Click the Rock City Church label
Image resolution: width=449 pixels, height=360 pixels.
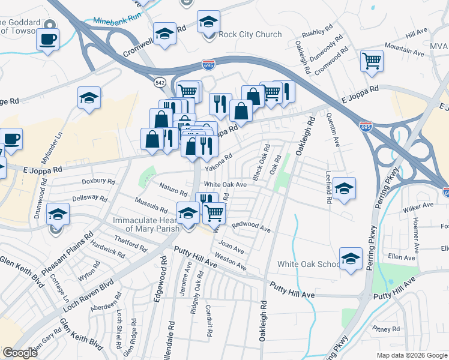pos(250,34)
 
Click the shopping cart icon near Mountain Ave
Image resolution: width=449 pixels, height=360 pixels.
pos(372,61)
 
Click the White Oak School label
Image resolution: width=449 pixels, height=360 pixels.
pos(308,265)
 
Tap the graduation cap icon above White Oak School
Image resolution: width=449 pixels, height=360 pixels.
pos(351,259)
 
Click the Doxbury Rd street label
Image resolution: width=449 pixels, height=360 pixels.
pos(98,181)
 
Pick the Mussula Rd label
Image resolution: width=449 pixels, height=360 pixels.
pos(151,205)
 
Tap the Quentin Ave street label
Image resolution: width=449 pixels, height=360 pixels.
pos(332,134)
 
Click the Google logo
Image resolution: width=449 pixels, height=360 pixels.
pos(20,353)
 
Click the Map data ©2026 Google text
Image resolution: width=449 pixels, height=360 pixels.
pos(412,355)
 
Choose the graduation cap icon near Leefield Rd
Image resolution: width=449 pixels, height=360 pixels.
pos(345,188)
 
